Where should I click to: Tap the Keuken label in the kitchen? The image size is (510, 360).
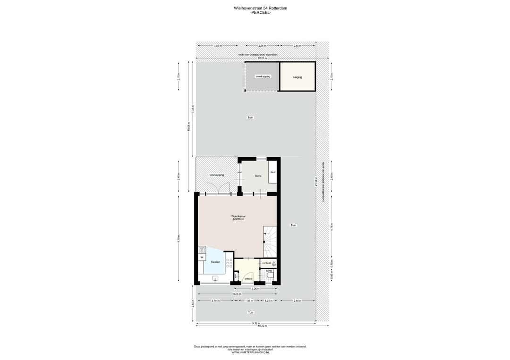click(215, 262)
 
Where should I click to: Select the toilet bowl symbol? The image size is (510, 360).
click(270, 275)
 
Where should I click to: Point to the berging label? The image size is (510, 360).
click(297, 77)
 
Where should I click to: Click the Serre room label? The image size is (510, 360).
click(258, 176)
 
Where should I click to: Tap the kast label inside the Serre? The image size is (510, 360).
click(272, 172)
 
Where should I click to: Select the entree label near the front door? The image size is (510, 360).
click(248, 279)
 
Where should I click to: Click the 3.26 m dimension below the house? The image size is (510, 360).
click(255, 288)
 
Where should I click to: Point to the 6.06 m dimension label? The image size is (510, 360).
click(236, 294)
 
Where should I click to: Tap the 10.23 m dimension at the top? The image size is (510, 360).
click(255, 58)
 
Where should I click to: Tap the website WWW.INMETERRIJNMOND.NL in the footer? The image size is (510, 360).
click(250, 352)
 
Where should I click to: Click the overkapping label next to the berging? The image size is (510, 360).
click(263, 76)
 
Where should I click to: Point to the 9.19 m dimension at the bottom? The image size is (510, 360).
click(255, 323)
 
